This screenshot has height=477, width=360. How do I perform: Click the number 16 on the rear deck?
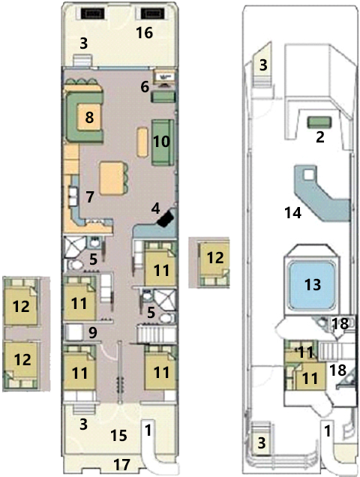pos(144,33)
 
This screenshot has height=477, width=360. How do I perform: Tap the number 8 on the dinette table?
pos(89,118)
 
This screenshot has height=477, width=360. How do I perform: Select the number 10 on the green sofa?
pos(161,142)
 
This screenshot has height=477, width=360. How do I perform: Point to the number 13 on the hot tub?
pos(313,284)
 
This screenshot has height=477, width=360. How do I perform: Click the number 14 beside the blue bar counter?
pos(292,213)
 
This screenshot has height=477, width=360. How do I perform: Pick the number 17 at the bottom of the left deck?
pos(121,464)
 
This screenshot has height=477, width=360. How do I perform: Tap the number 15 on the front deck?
pos(119,435)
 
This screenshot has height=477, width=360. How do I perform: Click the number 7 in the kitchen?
pos(89,197)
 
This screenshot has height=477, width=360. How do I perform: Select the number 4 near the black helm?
pos(155,209)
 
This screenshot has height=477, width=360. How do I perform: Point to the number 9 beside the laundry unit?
pos(92,333)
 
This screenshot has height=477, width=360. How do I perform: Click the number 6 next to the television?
pos(145,87)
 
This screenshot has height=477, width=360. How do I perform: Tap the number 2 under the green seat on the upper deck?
pos(319,137)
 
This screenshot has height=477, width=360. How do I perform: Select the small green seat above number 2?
pos(319,122)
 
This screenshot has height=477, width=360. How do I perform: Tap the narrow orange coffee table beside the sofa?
pos(142,142)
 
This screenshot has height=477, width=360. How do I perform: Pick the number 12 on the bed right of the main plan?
pos(215,258)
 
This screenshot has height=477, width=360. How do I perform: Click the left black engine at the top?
pos(93,13)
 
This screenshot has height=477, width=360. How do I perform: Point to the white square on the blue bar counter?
pos(308,175)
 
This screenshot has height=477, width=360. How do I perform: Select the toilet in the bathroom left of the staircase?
pos(166,319)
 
